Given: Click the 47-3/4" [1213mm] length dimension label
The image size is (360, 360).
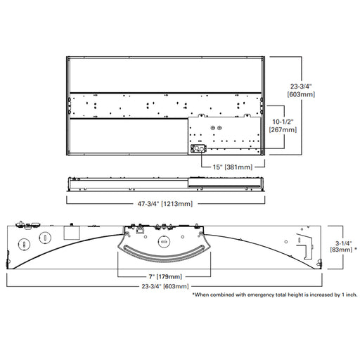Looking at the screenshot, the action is [x=165, y=204].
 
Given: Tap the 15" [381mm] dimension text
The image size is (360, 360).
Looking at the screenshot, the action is [x=233, y=167].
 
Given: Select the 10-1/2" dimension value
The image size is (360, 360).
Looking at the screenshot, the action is [x=283, y=122].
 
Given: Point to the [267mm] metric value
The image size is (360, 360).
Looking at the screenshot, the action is [x=283, y=130].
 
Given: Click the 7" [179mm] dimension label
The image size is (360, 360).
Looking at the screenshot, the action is [x=165, y=276].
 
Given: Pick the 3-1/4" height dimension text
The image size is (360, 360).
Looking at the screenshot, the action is [x=344, y=243].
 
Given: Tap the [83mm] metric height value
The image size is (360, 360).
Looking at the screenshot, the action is [x=341, y=250].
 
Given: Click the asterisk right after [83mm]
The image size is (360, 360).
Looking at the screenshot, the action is [x=356, y=248].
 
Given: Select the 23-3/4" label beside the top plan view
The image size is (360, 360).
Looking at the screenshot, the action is [x=301, y=86].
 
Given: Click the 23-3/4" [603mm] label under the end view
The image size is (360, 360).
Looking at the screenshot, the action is [x=165, y=286].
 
